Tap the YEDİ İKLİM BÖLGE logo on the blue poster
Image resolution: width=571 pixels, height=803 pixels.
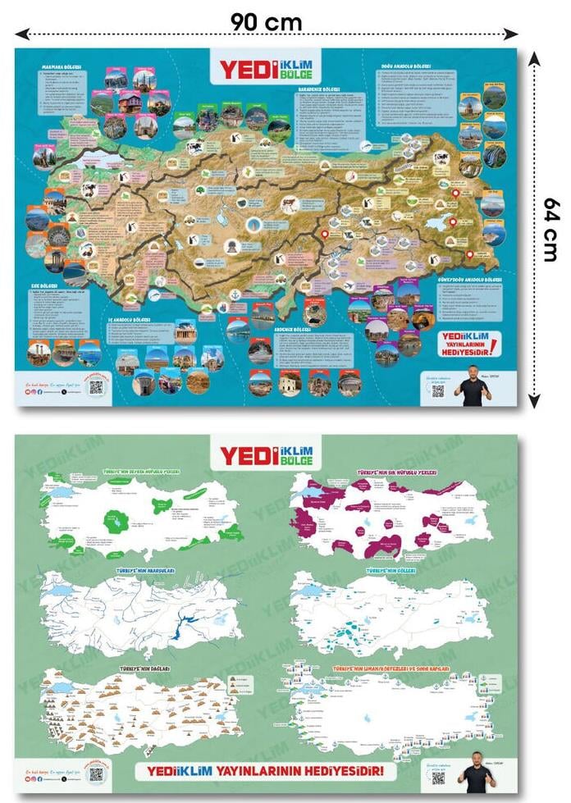click(x=266, y=66)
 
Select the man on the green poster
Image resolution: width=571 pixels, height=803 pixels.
click(x=475, y=773)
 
